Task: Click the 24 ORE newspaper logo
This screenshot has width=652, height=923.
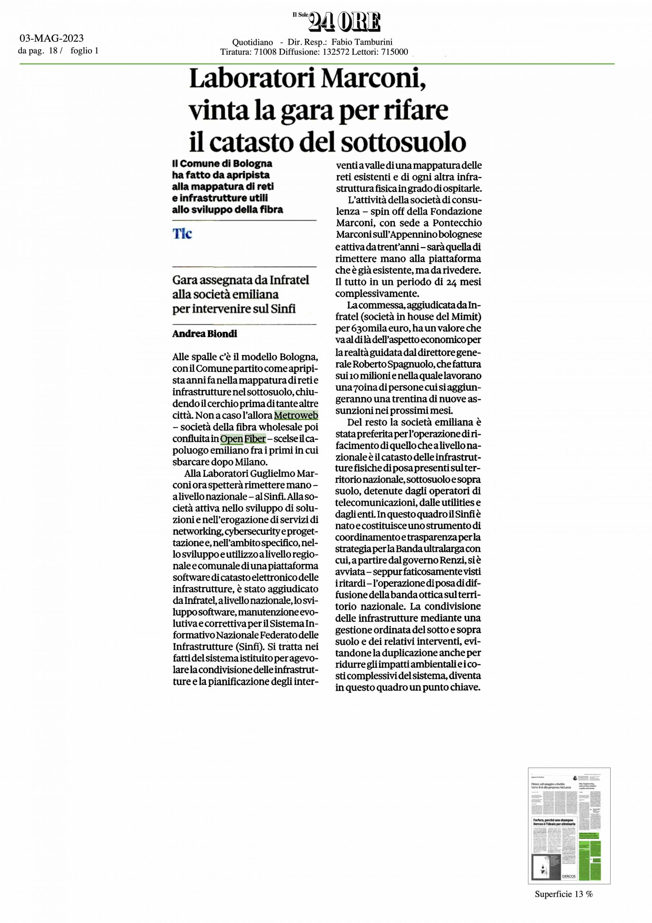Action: pos(344,22)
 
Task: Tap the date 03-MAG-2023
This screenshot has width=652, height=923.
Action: pos(52,39)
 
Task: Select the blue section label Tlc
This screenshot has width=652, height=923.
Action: pos(182,234)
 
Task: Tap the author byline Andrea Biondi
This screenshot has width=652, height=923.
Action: pos(205,334)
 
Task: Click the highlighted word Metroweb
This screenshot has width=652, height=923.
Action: pos(296,415)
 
